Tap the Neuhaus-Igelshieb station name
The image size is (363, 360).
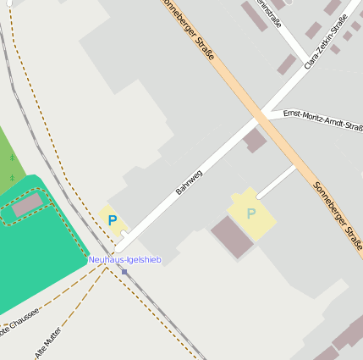point(124,259)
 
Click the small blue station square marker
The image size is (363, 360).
point(124,271)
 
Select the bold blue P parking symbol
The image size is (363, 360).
point(113,220)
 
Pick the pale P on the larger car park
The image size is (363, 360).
point(250,213)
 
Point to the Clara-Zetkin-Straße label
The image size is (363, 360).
point(327,47)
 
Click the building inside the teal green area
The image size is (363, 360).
point(26,204)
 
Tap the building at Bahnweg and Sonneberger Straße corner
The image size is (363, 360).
point(255,141)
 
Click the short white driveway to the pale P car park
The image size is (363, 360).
point(276,181)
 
